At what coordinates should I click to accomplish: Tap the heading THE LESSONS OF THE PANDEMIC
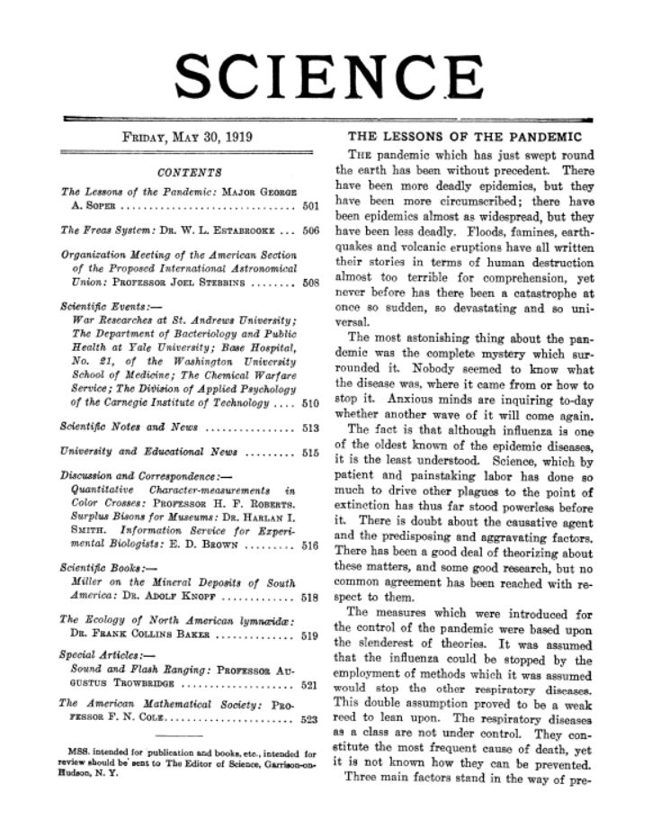coord(465,137)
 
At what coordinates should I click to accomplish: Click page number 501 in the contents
coord(309,207)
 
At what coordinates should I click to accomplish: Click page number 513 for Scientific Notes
coord(309,427)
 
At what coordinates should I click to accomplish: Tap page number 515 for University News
coord(309,451)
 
